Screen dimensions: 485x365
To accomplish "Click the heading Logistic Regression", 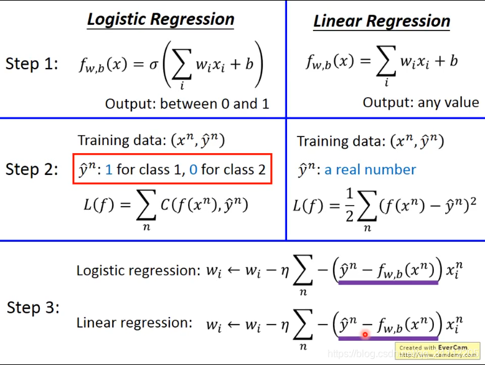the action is (161, 19).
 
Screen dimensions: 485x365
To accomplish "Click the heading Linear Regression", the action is (382, 21).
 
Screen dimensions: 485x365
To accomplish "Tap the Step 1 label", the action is (32, 64).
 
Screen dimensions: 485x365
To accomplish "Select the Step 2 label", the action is (32, 169).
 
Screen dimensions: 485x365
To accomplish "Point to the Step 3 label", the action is (32, 308).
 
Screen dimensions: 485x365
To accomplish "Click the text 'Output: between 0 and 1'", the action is (187, 103).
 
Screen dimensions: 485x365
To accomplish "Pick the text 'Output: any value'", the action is (421, 102).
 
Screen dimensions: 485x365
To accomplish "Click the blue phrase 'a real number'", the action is (370, 169).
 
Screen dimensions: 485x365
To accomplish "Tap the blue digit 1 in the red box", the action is (108, 169).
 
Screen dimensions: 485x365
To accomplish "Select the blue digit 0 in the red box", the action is (193, 169).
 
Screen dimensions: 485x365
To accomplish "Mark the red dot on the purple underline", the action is (365, 334).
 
